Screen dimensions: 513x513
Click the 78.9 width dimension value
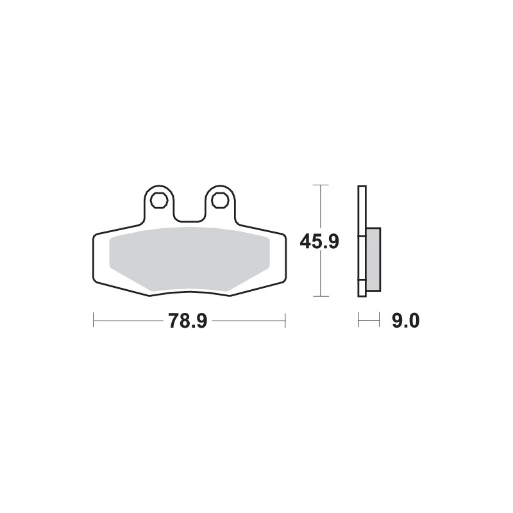click(x=187, y=321)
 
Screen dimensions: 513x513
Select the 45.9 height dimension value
click(x=319, y=242)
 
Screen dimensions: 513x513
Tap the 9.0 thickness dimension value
click(x=405, y=321)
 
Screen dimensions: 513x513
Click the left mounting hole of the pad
click(x=157, y=200)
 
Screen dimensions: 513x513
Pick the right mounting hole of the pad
click(x=220, y=200)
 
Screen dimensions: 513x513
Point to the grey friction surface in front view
click(x=189, y=260)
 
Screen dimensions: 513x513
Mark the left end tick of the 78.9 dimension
click(x=94, y=320)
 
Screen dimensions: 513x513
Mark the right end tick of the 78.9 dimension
click(x=285, y=320)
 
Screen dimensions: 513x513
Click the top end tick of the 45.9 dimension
click(x=319, y=185)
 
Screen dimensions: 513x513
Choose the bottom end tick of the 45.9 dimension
click(x=319, y=296)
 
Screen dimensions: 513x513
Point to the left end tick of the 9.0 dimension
click(x=359, y=320)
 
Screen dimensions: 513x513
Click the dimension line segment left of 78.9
click(x=128, y=320)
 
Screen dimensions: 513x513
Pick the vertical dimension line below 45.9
click(x=319, y=276)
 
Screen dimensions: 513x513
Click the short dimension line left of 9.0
click(x=369, y=320)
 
